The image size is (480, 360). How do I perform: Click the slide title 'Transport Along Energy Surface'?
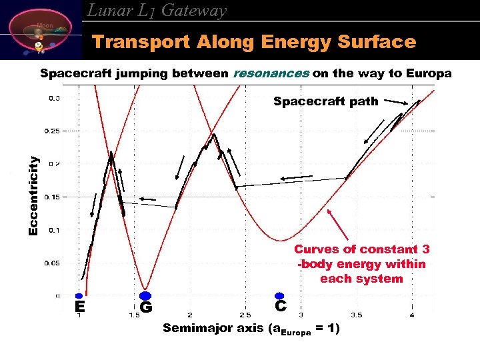tap(253, 43)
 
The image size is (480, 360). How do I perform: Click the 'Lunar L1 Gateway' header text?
tap(157, 11)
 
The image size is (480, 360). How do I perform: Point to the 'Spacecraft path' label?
tap(325, 102)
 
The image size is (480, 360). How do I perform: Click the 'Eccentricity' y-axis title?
tap(33, 195)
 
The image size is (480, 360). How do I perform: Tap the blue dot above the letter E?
tap(79, 295)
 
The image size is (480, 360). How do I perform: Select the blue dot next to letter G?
tap(144, 296)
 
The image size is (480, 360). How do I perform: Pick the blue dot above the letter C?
tap(279, 295)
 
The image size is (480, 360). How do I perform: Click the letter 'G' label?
tap(146, 308)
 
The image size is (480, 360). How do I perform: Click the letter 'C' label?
tap(281, 306)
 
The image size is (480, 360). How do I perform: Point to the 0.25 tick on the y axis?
tap(52, 131)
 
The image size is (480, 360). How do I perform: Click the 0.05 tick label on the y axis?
tap(52, 263)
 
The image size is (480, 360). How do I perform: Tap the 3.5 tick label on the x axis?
tap(356, 315)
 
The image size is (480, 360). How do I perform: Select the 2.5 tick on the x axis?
tap(245, 315)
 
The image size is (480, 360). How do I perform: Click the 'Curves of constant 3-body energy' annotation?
tap(361, 264)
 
